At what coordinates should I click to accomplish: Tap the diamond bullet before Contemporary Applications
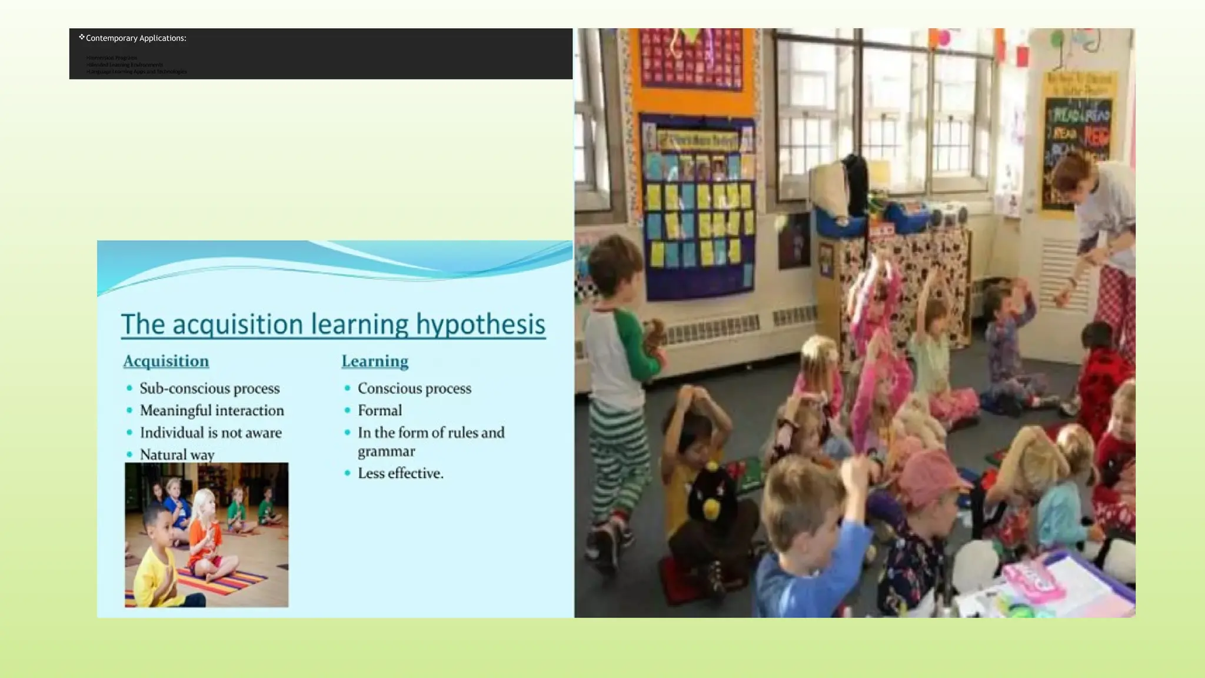coord(82,37)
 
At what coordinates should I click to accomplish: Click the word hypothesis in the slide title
coord(481,324)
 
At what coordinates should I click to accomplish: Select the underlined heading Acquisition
coord(166,361)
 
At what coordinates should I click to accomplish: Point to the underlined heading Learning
coord(375,361)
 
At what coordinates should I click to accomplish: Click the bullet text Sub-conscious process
coord(209,388)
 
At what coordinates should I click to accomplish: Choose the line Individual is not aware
coord(211,433)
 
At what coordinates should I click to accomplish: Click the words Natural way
coord(177,454)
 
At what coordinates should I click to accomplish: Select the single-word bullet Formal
coord(380,410)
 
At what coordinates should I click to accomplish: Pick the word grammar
coord(387,451)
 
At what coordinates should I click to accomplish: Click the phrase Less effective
coord(401,473)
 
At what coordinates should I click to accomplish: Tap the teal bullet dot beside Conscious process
coord(347,388)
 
